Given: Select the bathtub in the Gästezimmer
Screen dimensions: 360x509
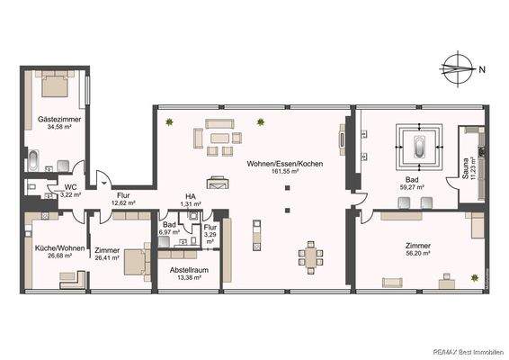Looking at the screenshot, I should click(x=33, y=162).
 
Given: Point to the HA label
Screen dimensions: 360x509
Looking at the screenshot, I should click(x=190, y=195).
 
